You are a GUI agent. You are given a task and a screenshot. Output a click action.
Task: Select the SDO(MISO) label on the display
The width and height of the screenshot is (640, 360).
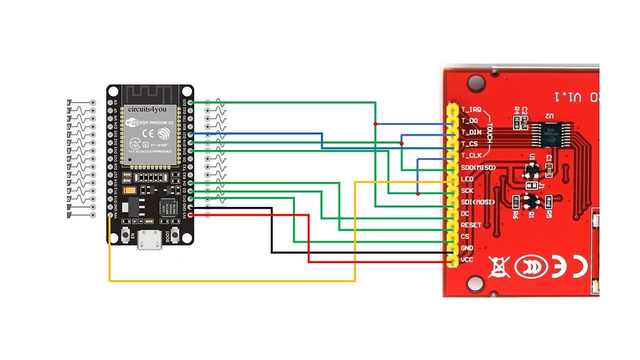click(479, 167)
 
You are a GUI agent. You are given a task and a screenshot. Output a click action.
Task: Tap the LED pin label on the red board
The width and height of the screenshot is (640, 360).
click(467, 179)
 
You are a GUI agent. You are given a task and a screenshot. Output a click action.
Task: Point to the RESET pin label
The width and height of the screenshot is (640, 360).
click(471, 225)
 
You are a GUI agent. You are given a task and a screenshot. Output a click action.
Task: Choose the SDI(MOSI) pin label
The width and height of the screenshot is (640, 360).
click(479, 202)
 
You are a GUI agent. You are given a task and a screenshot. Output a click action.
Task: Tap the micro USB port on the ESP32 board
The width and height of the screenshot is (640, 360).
click(151, 240)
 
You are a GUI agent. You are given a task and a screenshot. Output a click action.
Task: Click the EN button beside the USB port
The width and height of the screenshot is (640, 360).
click(126, 235)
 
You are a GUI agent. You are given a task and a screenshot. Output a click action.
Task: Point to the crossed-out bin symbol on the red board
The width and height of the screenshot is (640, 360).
click(497, 267)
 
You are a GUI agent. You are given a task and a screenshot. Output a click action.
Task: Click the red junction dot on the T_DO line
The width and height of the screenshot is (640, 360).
click(376, 124)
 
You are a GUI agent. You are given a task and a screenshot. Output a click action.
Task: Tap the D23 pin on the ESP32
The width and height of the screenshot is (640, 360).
click(191, 102)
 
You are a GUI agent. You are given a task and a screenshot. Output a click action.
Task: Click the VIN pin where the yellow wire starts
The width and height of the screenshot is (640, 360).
click(110, 216)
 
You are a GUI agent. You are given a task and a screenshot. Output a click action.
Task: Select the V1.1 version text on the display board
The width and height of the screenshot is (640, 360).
click(566, 97)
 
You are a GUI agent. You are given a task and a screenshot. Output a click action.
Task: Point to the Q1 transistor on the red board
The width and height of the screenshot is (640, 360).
click(532, 202)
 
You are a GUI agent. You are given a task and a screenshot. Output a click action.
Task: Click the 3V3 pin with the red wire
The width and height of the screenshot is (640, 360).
click(191, 215)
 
